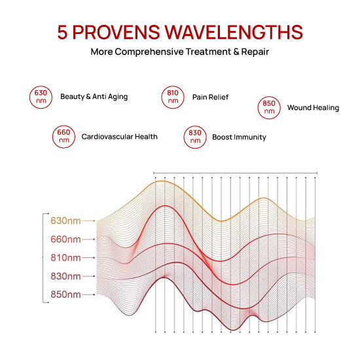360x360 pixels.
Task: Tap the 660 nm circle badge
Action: [x=63, y=137]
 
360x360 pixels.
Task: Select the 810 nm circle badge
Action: [x=173, y=97]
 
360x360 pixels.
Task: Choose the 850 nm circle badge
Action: [x=269, y=107]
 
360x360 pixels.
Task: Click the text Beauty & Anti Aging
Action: [x=94, y=97]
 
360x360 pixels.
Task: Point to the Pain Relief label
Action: [x=210, y=97]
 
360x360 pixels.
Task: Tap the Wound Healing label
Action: [x=313, y=107]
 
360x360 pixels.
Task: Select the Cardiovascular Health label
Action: [x=119, y=137]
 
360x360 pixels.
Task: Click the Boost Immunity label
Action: [x=239, y=137]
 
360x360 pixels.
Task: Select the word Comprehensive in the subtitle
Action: [x=153, y=51]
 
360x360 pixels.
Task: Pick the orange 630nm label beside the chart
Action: [x=65, y=221]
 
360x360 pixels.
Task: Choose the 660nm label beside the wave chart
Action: [x=65, y=239]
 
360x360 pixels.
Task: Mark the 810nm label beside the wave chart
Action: [x=65, y=258]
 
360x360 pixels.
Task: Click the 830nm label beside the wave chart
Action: [x=65, y=276]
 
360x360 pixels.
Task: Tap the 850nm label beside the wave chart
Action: [x=65, y=295]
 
